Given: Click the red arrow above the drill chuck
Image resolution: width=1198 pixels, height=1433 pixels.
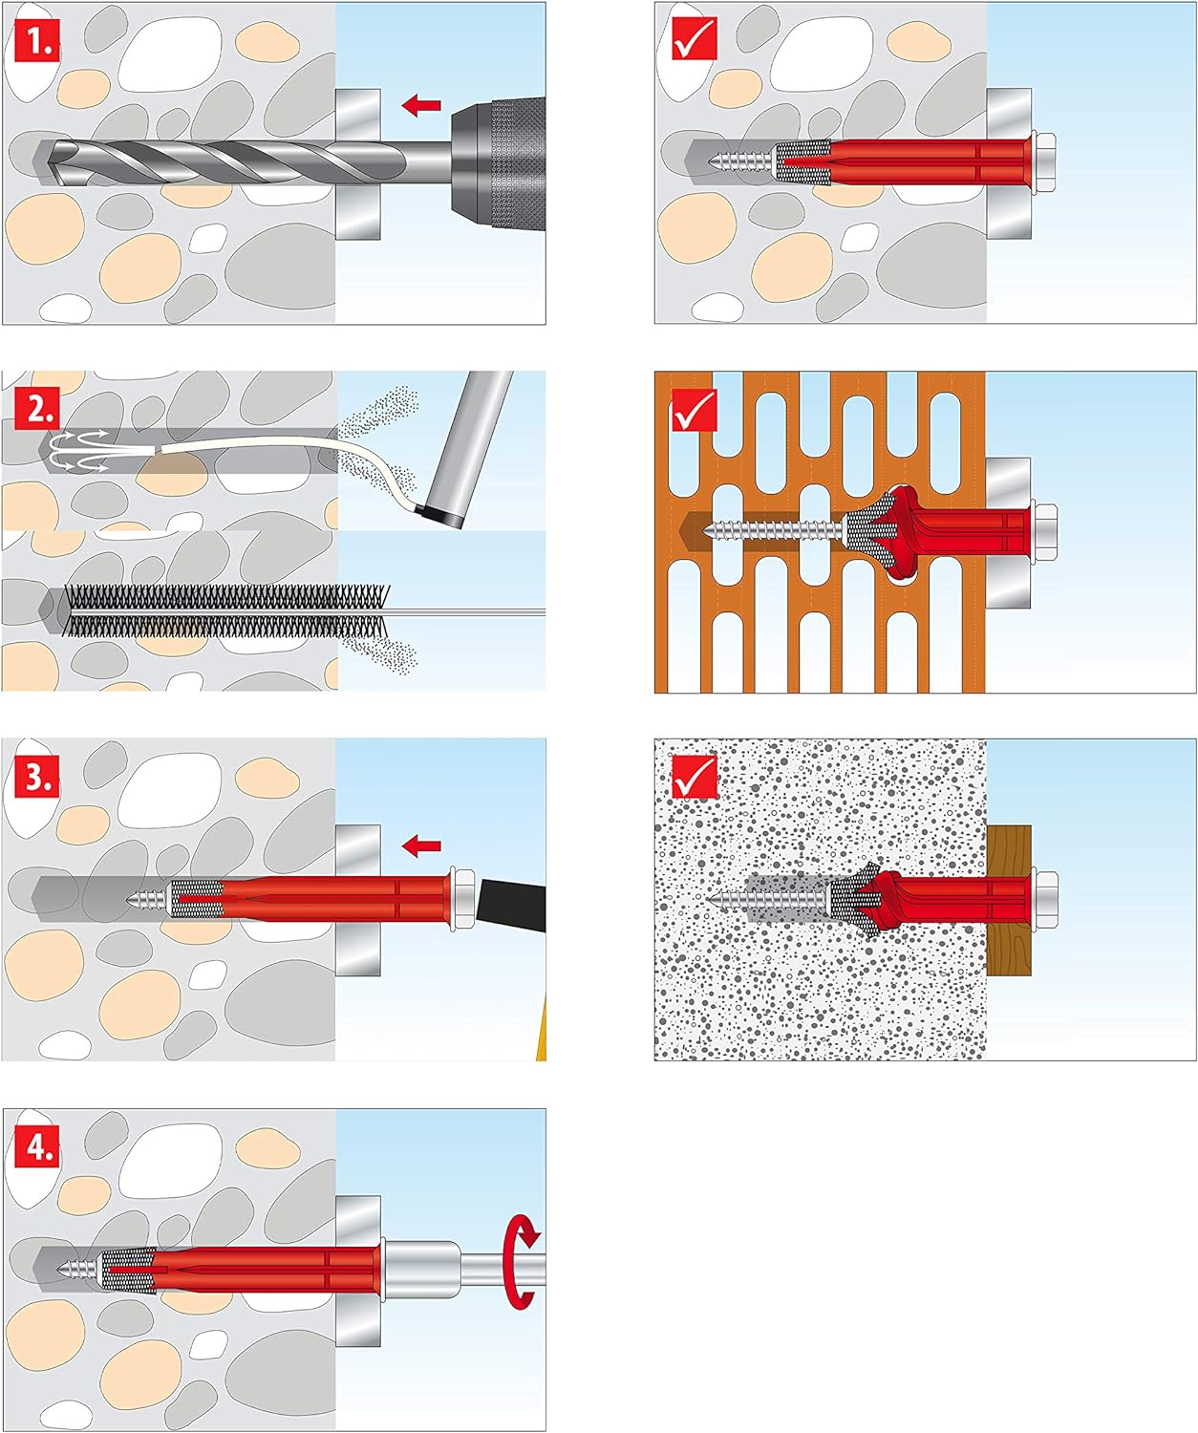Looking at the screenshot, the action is (421, 105).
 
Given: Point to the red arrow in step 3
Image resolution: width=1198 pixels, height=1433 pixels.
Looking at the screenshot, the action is (421, 845).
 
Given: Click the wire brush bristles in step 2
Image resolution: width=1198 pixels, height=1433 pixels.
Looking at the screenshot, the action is (226, 610).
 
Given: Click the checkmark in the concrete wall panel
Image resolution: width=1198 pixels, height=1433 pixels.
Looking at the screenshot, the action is (695, 37).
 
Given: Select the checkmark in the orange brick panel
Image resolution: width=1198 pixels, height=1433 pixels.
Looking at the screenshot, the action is (695, 410).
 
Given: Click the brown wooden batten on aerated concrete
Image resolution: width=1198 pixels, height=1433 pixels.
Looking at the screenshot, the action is (1009, 900).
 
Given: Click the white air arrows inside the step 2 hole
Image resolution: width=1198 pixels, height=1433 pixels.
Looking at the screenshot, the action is (79, 450).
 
